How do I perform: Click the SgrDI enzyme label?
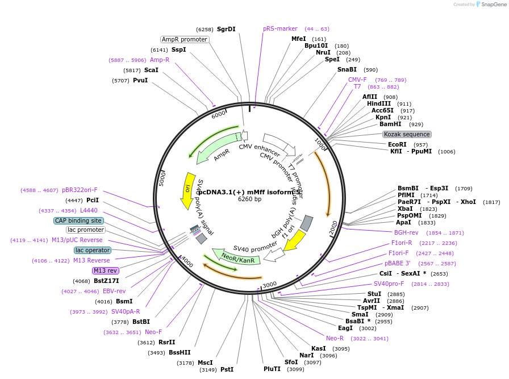pyautogui.click(x=226, y=29)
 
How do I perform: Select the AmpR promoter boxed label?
pyautogui.click(x=185, y=39)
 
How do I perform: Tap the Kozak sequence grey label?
pyautogui.click(x=407, y=134)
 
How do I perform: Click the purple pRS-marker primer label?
pyautogui.click(x=280, y=28)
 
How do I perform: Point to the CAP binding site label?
pyautogui.click(x=78, y=220)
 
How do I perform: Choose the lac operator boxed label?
pyautogui.click(x=93, y=250)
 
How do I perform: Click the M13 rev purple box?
pyautogui.click(x=105, y=270)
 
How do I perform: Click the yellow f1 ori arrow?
pyautogui.click(x=294, y=241)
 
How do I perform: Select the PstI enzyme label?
pyautogui.click(x=227, y=369)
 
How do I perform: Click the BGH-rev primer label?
pyautogui.click(x=406, y=232)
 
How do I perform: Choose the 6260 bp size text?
pyautogui.click(x=249, y=199)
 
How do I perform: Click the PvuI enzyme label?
pyautogui.click(x=140, y=80)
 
